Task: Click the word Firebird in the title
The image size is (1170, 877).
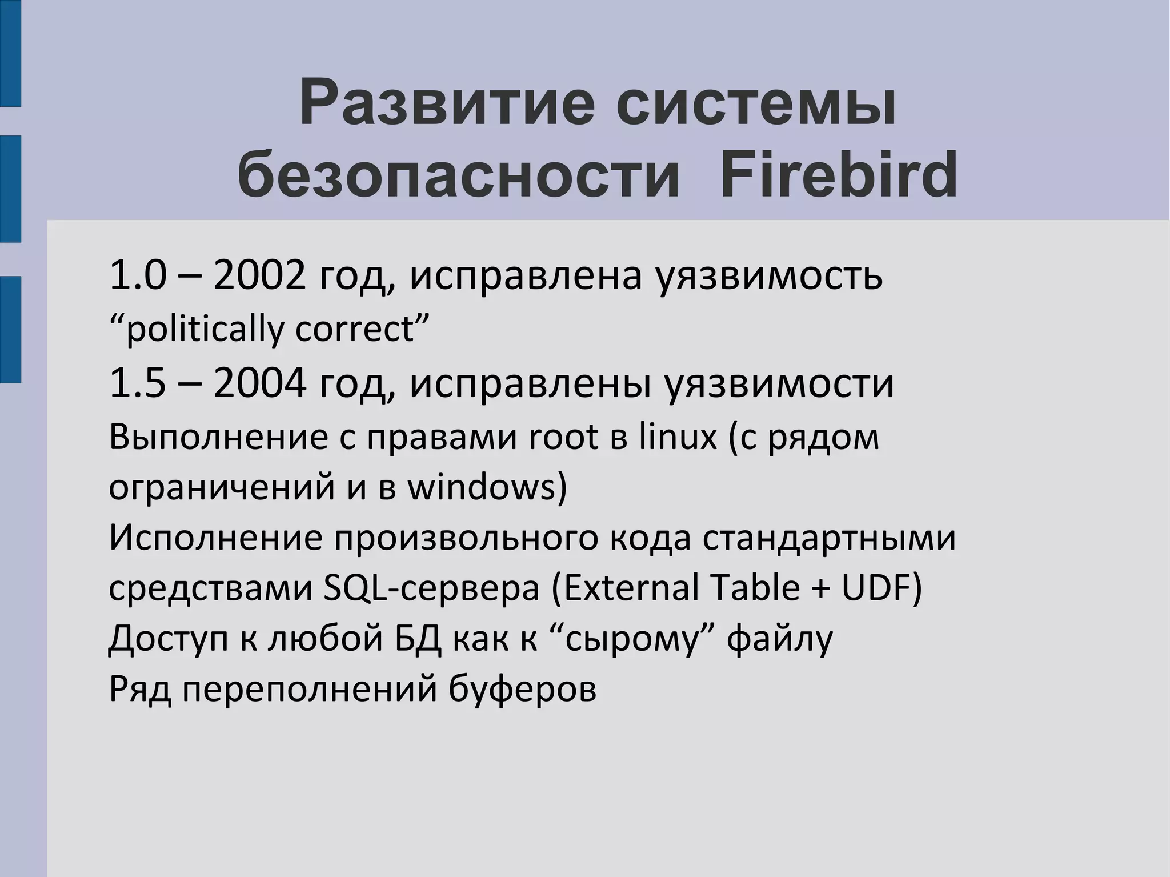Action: pyautogui.click(x=838, y=173)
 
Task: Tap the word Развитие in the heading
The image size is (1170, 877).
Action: pyautogui.click(x=446, y=104)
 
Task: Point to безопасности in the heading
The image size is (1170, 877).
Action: pyautogui.click(x=459, y=173)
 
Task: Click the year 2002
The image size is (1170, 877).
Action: pyautogui.click(x=260, y=275)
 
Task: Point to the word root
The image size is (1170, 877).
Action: pyautogui.click(x=562, y=437)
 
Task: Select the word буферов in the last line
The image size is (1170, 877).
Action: pyautogui.click(x=522, y=688)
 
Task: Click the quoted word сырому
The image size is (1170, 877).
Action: pyautogui.click(x=632, y=639)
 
